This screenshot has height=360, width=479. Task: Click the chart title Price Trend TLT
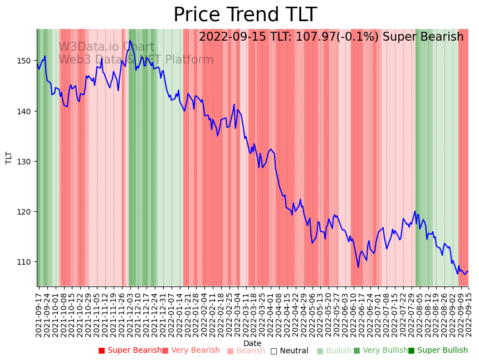245,15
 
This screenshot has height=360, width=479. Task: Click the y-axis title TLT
9,158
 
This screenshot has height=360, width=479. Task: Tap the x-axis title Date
252,343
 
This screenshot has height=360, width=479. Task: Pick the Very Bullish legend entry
380,351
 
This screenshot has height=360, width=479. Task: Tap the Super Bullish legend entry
438,351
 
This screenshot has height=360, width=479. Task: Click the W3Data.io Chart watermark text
106,47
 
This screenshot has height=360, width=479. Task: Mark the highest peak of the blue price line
130,40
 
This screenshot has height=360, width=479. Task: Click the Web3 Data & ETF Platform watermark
136,60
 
